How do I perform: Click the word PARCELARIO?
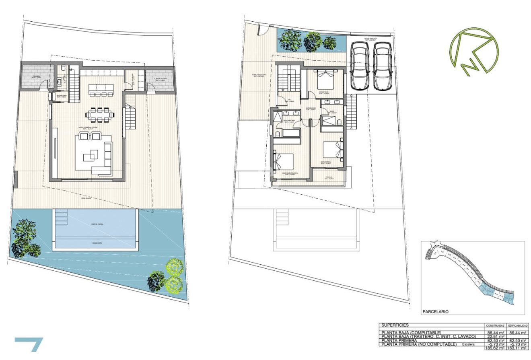(435, 311)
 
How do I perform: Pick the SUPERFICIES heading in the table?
(395, 325)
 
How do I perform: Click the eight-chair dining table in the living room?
(99, 115)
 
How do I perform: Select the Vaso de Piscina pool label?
(96, 227)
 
